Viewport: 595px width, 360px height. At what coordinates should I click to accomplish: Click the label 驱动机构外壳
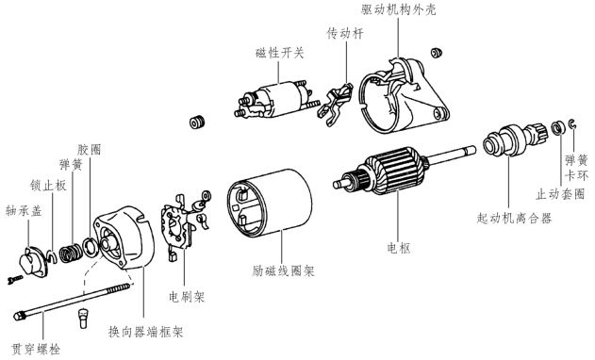coord(398,9)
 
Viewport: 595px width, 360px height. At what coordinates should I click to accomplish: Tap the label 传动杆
coord(345,33)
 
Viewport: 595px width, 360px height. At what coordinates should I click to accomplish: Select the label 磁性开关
coord(280,53)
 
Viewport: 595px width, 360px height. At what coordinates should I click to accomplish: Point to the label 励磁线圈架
coord(283,270)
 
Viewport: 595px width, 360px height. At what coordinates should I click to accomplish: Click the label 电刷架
coord(187,296)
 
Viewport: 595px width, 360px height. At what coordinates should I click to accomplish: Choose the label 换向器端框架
coord(146,331)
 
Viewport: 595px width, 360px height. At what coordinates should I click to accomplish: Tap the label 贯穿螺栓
coord(36,349)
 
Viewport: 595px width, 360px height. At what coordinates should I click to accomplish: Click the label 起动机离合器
coord(514,218)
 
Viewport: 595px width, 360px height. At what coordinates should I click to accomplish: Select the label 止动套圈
coord(560,194)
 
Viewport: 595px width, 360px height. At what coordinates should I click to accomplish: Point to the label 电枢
coord(399,248)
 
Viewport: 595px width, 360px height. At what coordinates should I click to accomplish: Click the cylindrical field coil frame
coord(270,202)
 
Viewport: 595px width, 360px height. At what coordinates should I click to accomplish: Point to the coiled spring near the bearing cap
coord(71,252)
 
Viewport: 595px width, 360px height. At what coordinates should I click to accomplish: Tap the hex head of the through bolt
coord(19,316)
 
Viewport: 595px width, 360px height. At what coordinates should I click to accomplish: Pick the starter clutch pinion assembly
coord(515,139)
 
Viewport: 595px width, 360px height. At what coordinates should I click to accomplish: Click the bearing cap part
coord(34,261)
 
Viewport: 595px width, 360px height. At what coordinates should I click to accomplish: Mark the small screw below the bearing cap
coord(15,280)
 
